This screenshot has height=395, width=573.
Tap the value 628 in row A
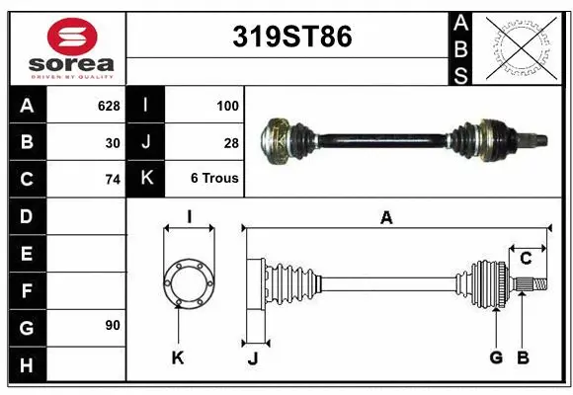[x=109, y=104]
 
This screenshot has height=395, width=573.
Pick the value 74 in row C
[x=112, y=180]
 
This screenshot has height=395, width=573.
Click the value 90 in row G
[x=112, y=325]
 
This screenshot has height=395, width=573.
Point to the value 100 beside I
[x=226, y=104]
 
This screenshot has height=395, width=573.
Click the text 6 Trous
[x=214, y=179]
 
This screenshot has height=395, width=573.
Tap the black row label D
[x=26, y=215]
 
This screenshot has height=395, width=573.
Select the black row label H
[x=26, y=365]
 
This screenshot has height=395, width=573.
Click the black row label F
[x=26, y=291]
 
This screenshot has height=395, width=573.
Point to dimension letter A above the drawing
[x=386, y=217]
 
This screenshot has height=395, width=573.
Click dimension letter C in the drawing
[x=526, y=259]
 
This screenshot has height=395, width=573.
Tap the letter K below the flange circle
[x=178, y=357]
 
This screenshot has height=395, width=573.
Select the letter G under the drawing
[x=496, y=356]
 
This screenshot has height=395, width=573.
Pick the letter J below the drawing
[x=252, y=357]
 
